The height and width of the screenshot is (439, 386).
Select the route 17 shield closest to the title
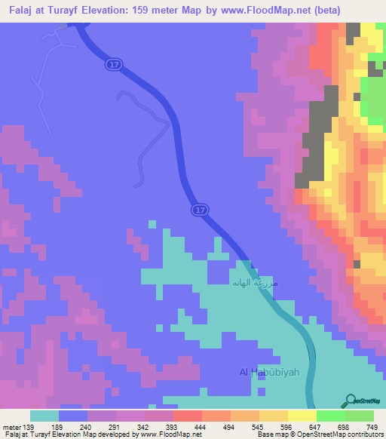113,66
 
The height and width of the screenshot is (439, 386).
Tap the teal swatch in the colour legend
44,416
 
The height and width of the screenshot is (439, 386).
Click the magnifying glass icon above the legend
349,400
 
